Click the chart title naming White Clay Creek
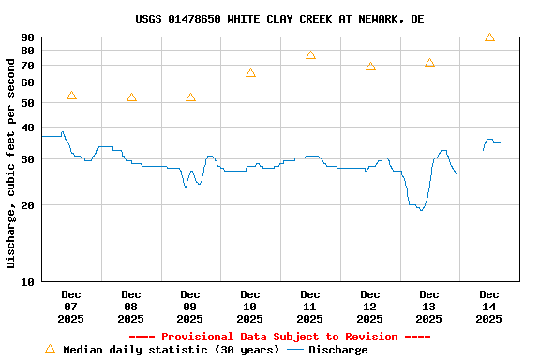279,19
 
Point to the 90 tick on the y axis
26,37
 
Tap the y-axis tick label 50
26,82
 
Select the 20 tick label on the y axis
26,204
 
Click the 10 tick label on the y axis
26,281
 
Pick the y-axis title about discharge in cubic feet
11,163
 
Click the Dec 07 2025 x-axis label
71,307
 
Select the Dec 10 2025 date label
250,307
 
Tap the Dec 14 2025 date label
489,307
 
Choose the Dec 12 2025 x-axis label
370,307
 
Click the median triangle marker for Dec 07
71,96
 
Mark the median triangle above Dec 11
310,55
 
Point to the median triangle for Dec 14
489,37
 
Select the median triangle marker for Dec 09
190,97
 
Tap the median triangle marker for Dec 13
429,63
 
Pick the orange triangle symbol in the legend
50,349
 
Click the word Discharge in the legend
338,350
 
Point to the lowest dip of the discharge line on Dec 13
421,210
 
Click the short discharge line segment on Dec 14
490,141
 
